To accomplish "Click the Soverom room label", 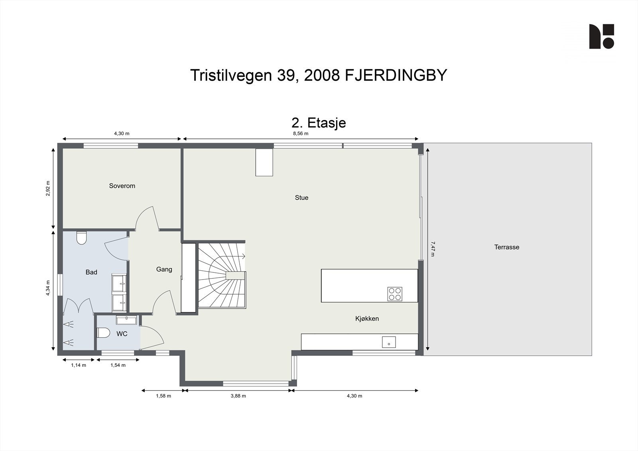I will (x=122, y=186).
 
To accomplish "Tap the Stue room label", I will (x=301, y=198).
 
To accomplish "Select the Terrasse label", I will (x=506, y=247).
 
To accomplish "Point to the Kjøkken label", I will (x=367, y=319).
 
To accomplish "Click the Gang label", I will (x=164, y=270).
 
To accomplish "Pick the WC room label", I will (x=122, y=334).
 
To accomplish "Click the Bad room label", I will (x=91, y=272).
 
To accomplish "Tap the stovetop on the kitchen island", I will (x=394, y=294).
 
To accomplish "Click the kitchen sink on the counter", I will (x=388, y=342).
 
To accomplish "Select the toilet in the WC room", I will (x=103, y=333).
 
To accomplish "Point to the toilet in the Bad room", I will (x=81, y=238).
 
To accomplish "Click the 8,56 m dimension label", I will (x=301, y=134).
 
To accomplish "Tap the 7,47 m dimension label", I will (x=432, y=249).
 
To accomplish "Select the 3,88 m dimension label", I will (x=238, y=396).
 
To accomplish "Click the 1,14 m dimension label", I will (x=79, y=365).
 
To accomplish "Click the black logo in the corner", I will (x=601, y=36).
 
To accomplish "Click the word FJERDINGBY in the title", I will (x=396, y=75).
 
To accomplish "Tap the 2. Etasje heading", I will (x=319, y=122).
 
